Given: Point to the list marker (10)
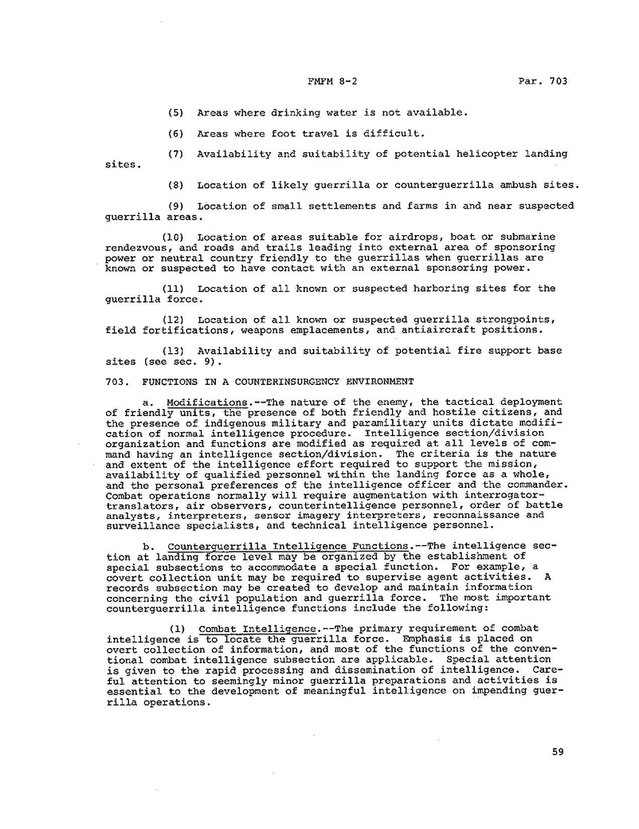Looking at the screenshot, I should [x=174, y=237].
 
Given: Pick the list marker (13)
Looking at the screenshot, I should [x=174, y=351].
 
